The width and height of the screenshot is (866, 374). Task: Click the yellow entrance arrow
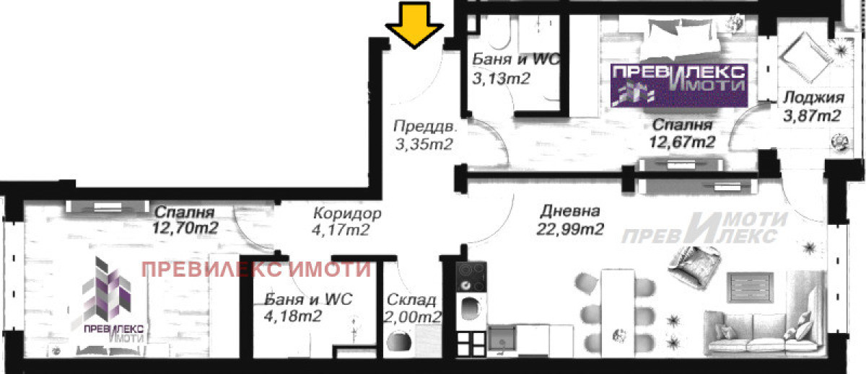click(414, 25)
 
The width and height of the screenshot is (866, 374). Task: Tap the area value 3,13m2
click(502, 79)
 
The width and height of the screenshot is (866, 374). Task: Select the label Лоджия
click(813, 98)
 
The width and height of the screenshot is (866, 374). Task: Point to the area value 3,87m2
click(812, 115)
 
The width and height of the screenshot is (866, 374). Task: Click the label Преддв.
click(425, 127)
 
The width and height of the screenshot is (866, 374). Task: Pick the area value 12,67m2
click(682, 142)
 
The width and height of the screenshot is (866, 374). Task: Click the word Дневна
click(570, 211)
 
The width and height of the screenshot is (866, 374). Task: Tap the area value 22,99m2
click(570, 229)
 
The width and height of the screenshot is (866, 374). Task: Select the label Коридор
click(347, 213)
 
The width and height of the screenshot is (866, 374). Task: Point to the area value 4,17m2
click(341, 231)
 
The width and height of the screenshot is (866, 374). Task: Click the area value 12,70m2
click(185, 228)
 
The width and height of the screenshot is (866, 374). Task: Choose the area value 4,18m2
click(293, 316)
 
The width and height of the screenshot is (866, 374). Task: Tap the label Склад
click(411, 300)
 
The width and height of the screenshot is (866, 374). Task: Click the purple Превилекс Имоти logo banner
click(679, 85)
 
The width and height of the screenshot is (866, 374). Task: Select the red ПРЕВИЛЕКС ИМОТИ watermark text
click(256, 269)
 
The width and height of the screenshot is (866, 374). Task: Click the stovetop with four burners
click(471, 276)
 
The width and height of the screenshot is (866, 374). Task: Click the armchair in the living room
click(695, 264)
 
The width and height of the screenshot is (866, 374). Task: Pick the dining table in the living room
click(618, 313)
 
